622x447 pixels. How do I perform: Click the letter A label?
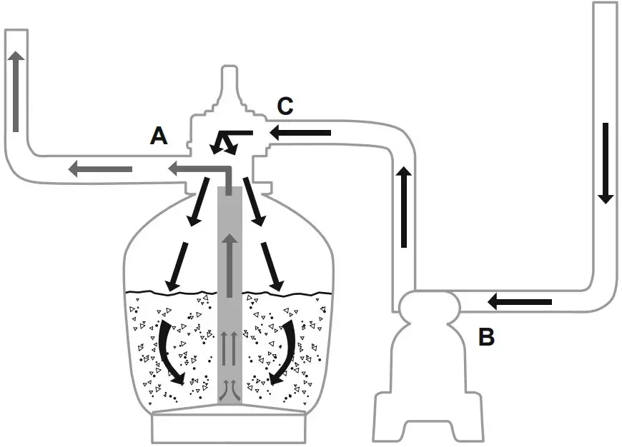pos(159,136)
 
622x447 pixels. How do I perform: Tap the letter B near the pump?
pos(487,337)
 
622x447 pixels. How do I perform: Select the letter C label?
pos(285,106)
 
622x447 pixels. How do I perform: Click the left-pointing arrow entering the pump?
pos(520,303)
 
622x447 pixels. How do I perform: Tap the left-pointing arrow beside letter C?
pos(300,133)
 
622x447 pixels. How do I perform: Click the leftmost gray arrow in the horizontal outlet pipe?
pos(100,169)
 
